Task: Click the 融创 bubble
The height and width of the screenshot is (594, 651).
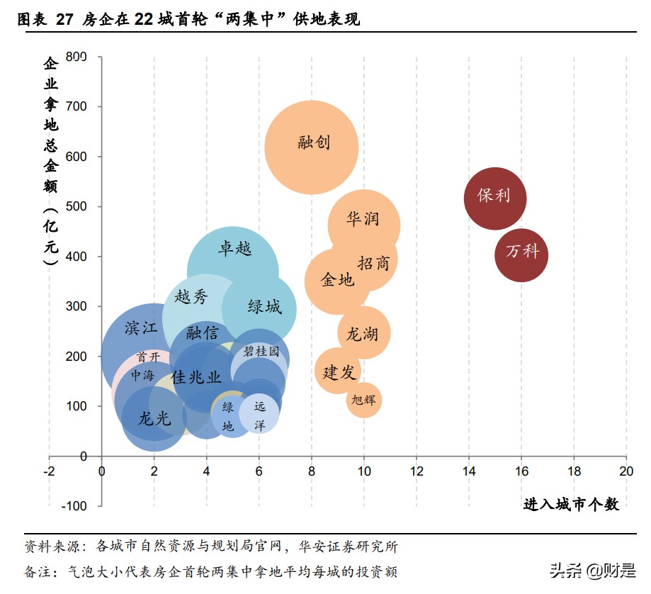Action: (312, 147)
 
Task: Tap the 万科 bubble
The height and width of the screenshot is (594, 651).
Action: (521, 253)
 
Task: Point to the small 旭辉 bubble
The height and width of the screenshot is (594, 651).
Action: (364, 400)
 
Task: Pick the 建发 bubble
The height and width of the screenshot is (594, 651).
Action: (338, 371)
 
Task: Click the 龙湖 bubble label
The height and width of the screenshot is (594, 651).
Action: (361, 333)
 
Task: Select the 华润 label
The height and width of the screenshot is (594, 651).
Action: (363, 218)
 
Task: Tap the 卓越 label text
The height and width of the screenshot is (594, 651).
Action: (234, 249)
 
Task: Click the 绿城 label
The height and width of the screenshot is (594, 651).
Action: (264, 307)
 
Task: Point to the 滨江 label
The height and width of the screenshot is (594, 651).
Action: (141, 328)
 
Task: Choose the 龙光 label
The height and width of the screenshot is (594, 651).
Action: (154, 419)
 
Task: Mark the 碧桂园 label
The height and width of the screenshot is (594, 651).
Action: (261, 352)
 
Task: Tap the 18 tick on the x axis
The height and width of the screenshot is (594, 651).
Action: (574, 471)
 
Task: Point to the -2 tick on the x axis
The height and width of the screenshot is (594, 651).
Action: (49, 471)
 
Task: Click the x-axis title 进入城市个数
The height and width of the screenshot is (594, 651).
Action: (571, 505)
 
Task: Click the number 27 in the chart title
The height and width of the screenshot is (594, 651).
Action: (64, 20)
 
